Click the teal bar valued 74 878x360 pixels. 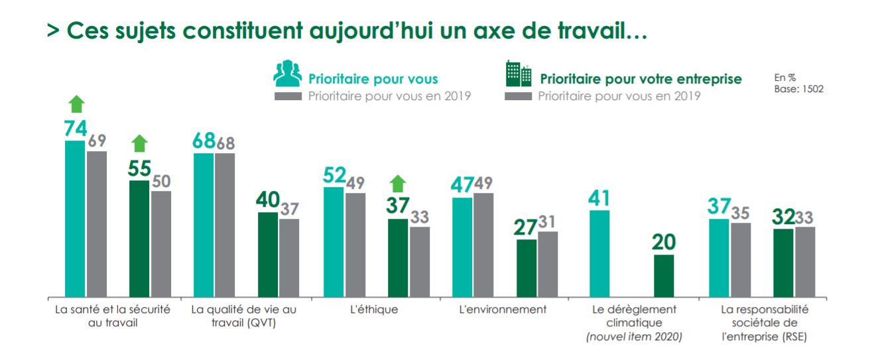(x=75, y=218)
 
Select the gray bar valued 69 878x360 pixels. (x=97, y=223)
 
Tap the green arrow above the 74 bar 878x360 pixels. (x=76, y=105)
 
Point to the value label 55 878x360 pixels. (x=139, y=169)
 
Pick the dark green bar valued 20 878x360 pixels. (x=664, y=275)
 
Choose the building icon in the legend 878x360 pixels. (x=519, y=74)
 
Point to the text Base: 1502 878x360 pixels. (x=798, y=89)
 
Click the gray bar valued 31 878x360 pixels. (x=548, y=264)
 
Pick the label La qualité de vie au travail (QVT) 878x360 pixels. (x=244, y=316)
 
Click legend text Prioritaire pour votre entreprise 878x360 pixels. (x=641, y=79)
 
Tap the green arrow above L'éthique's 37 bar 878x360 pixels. (x=398, y=183)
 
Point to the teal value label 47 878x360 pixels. (x=463, y=186)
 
